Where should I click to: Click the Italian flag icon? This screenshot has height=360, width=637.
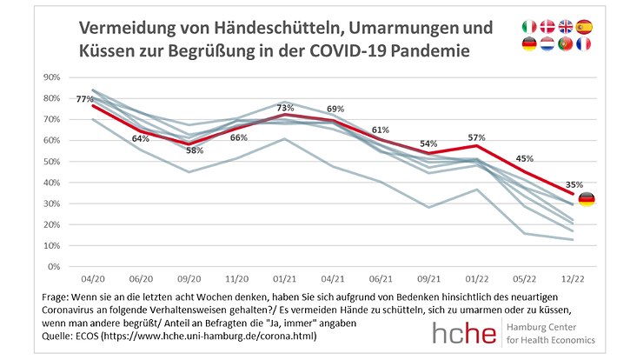[528, 27]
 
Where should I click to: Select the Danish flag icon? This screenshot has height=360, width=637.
[547, 27]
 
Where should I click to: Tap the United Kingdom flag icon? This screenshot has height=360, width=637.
[565, 27]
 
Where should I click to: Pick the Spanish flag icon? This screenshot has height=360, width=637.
[583, 27]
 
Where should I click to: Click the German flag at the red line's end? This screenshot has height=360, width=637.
[587, 200]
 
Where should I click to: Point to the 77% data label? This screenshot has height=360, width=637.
[84, 99]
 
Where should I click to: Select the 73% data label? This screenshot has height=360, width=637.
[286, 108]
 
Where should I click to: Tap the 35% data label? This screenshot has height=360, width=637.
[574, 184]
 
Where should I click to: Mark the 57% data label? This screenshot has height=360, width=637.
[474, 137]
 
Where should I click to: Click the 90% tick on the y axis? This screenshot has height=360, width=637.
[51, 77]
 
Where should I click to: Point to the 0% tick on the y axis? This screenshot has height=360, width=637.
[54, 267]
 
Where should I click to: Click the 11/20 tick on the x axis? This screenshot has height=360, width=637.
[238, 281]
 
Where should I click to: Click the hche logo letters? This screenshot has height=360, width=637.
[468, 332]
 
